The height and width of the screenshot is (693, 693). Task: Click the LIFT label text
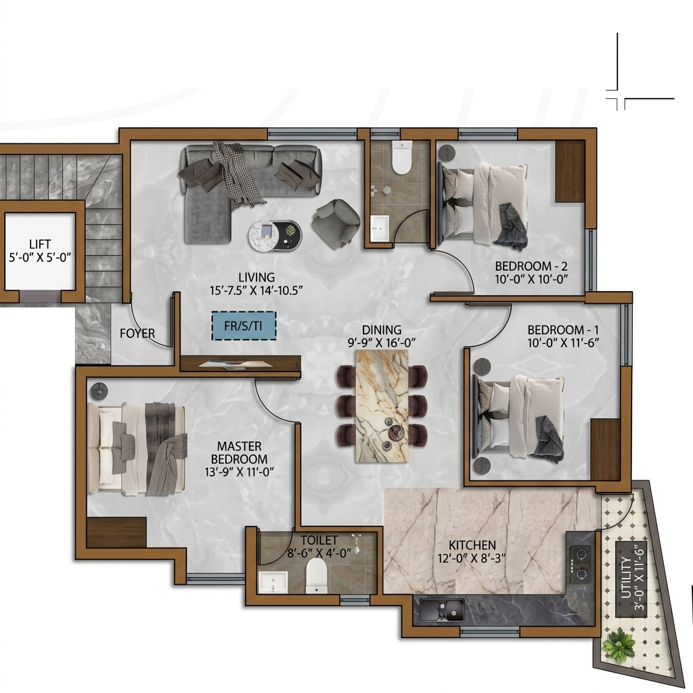coord(40,244)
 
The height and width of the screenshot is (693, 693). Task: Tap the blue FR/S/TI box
coord(244,326)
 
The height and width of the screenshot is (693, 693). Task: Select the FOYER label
coord(137,333)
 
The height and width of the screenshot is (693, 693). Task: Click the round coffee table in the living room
coord(275,235)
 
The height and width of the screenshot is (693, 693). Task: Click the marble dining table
coord(382,406)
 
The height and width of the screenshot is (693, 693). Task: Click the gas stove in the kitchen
coord(580,564)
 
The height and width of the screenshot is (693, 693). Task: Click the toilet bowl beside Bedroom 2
coord(401,157)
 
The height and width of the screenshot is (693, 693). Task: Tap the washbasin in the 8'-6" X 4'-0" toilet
coord(273,581)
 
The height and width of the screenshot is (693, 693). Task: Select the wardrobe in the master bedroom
coord(116,532)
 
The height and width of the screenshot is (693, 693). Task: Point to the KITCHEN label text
coord(472,545)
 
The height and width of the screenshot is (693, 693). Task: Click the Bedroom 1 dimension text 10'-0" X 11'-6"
coord(563,342)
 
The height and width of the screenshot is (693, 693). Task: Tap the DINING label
coord(382,330)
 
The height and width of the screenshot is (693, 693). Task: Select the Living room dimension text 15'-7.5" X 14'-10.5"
coord(256,290)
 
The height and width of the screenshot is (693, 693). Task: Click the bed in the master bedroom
coord(137,448)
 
